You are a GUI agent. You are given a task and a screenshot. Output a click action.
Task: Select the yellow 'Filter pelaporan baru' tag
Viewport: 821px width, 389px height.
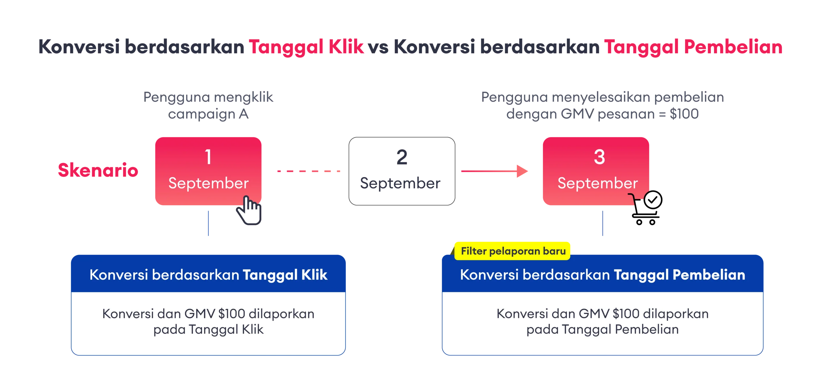pyautogui.click(x=513, y=251)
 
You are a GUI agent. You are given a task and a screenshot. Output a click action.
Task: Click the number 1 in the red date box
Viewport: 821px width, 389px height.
pyautogui.click(x=208, y=157)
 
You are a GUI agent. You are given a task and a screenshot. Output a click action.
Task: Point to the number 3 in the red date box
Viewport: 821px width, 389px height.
pyautogui.click(x=599, y=157)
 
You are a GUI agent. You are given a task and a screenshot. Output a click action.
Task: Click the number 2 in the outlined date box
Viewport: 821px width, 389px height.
pyautogui.click(x=401, y=158)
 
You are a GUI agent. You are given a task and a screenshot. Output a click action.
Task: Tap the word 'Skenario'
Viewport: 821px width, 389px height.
pyautogui.click(x=97, y=170)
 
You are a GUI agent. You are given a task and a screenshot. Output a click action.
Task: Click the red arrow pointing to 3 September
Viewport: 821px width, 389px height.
pyautogui.click(x=494, y=171)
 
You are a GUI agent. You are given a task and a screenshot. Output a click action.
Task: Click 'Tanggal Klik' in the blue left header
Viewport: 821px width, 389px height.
pyautogui.click(x=285, y=275)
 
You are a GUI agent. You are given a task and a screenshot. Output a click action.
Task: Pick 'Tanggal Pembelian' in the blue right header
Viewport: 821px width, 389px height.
pyautogui.click(x=679, y=275)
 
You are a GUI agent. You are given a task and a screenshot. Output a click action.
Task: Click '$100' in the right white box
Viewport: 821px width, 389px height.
pyautogui.click(x=626, y=314)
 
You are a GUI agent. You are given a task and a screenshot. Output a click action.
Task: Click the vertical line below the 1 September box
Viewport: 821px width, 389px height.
pyautogui.click(x=209, y=224)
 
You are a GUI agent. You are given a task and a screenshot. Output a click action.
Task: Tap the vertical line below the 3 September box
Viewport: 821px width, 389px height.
pyautogui.click(x=603, y=224)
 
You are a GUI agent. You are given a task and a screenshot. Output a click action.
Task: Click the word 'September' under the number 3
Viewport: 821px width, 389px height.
pyautogui.click(x=597, y=183)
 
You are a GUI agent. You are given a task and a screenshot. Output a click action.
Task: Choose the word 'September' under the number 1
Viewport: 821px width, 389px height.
pyautogui.click(x=208, y=183)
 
